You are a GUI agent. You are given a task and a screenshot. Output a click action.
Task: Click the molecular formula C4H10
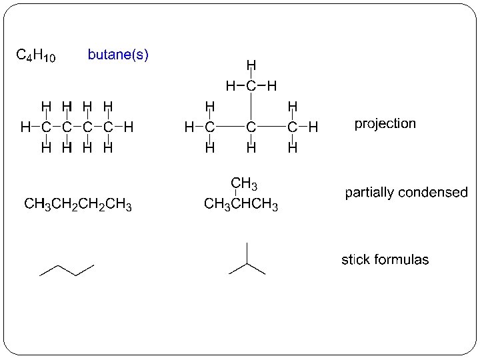(35, 55)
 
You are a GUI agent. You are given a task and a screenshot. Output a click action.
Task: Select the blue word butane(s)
(118, 55)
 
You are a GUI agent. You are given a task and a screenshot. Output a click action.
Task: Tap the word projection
(385, 124)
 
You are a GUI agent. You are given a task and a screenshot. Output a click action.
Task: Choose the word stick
(357, 259)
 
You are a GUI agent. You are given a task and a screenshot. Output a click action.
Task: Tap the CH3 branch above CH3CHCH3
(244, 183)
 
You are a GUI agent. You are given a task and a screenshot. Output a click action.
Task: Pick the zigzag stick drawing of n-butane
(67, 269)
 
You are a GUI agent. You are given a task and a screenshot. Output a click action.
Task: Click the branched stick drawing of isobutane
(247, 261)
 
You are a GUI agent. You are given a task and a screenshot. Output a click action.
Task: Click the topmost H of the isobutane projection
(251, 65)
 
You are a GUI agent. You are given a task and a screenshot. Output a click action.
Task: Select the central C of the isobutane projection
(251, 126)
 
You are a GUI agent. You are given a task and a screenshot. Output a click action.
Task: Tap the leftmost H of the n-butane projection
(25, 126)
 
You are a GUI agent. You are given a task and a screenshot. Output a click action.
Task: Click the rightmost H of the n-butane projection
(129, 126)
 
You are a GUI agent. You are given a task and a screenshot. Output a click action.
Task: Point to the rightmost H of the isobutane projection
(313, 126)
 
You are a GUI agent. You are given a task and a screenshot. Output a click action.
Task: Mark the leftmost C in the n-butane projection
(45, 126)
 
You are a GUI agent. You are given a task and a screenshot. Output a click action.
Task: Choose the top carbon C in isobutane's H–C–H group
(251, 85)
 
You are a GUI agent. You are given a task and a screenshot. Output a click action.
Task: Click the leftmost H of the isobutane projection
(189, 126)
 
